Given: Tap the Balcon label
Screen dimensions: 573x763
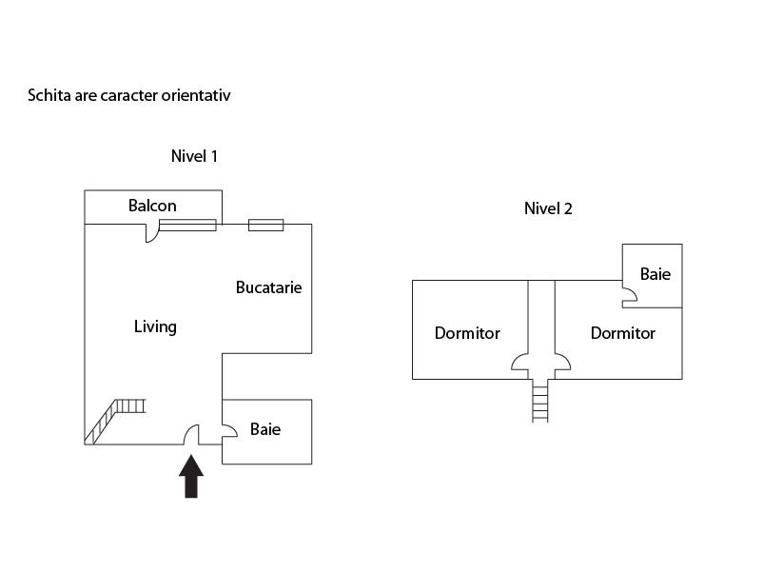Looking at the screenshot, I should pyautogui.click(x=152, y=206).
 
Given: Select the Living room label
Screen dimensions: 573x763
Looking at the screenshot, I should pyautogui.click(x=155, y=326).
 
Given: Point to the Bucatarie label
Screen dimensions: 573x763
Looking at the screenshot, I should pyautogui.click(x=268, y=286).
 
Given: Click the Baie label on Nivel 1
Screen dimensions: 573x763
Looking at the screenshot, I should pyautogui.click(x=265, y=429).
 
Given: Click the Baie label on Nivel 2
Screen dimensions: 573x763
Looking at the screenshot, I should pyautogui.click(x=655, y=274).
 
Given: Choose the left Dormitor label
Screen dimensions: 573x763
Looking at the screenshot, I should pyautogui.click(x=467, y=333).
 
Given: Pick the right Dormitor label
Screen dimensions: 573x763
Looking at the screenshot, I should pyautogui.click(x=622, y=333).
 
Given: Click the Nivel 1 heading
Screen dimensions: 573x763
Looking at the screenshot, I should pyautogui.click(x=194, y=156).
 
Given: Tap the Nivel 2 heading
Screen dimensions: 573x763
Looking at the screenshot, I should pyautogui.click(x=548, y=208).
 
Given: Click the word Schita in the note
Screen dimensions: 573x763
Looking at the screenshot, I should pyautogui.click(x=48, y=95).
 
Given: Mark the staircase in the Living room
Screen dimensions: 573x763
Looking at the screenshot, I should pyautogui.click(x=113, y=420).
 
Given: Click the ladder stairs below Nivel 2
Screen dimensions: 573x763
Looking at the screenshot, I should pyautogui.click(x=540, y=400).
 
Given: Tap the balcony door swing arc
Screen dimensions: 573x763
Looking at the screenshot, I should pyautogui.click(x=151, y=233).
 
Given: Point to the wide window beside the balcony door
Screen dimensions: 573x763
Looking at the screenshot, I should pyautogui.click(x=187, y=226).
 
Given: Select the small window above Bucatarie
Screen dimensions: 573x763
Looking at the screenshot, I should pyautogui.click(x=265, y=226).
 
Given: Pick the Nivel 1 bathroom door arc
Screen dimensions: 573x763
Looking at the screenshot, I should pyautogui.click(x=229, y=435).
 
